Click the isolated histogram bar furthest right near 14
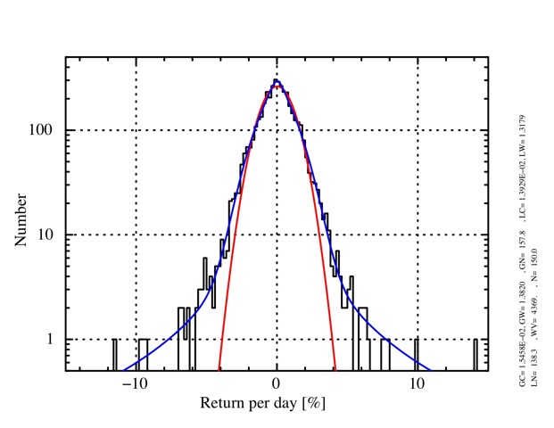click(475, 354)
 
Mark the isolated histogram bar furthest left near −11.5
click(114, 354)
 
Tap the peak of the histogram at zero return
click(277, 82)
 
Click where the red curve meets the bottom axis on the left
click(219, 368)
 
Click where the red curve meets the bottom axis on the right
click(335, 368)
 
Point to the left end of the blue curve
click(125, 368)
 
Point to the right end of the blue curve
click(430, 368)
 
